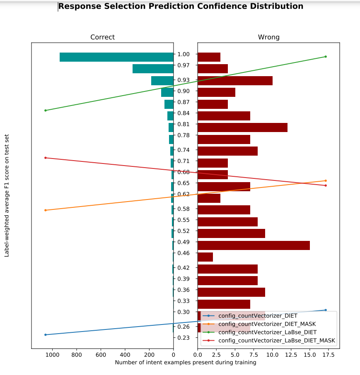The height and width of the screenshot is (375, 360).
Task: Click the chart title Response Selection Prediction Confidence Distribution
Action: pos(181,7)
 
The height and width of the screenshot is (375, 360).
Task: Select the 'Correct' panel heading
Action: pos(102,37)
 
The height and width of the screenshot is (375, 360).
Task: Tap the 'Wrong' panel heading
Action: pos(268,37)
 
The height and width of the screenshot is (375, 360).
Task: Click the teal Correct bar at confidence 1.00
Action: pos(116,57)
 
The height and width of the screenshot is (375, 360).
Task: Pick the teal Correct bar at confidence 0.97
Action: pos(153,69)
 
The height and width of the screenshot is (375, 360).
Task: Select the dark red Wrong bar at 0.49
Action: pos(254,245)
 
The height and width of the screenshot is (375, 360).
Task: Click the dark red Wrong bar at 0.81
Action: pos(242,127)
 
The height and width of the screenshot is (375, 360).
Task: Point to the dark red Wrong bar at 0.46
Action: pos(205,257)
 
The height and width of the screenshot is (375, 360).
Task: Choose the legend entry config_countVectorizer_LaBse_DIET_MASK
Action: pos(277,341)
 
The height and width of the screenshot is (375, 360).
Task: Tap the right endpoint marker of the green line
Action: pos(326,57)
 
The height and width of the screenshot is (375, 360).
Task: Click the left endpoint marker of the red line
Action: pos(46,158)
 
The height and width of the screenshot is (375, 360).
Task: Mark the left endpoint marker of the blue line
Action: pos(46,334)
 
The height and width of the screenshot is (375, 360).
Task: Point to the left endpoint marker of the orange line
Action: pos(46,210)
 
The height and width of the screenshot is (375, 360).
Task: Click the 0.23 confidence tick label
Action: pos(183,338)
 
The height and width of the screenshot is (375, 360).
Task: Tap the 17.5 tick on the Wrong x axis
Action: pos(329,355)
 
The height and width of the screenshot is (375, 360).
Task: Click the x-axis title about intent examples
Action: pos(185,363)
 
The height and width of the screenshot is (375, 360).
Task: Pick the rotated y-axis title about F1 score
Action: pos(7,195)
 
